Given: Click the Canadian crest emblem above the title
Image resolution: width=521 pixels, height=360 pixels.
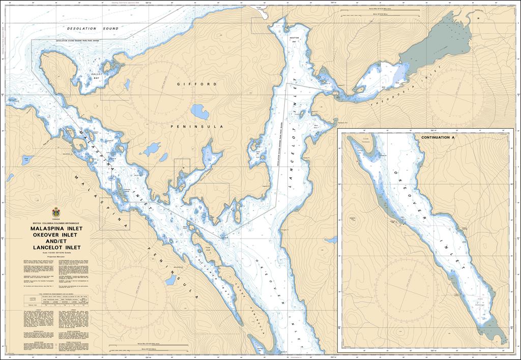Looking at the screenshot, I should (56, 213).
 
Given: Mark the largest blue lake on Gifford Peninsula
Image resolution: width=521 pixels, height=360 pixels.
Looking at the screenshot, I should (198, 111).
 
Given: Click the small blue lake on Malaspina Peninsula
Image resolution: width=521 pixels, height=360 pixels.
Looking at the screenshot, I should (24, 161).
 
